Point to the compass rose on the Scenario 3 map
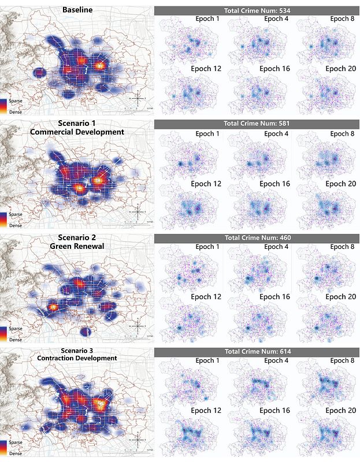(137, 440)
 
